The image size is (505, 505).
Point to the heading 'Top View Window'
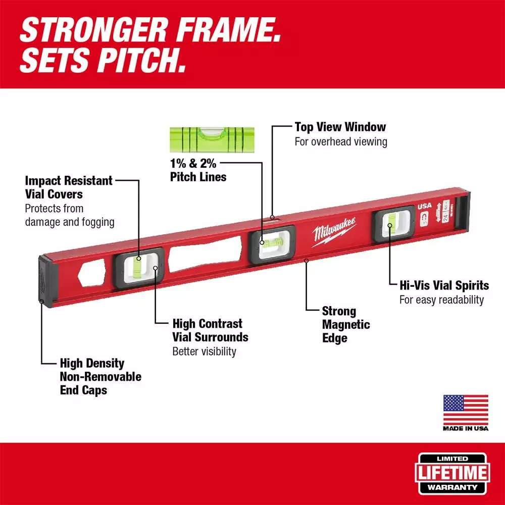point(340,127)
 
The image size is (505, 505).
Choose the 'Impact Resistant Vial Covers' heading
point(69,187)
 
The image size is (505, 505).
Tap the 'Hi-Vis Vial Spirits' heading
point(444,285)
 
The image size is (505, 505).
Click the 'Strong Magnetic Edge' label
point(346,325)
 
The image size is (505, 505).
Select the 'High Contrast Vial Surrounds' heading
point(210,330)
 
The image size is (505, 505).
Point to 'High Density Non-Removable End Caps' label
point(100,376)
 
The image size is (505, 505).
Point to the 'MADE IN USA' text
point(466,428)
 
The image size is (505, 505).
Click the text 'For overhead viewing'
point(341,141)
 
